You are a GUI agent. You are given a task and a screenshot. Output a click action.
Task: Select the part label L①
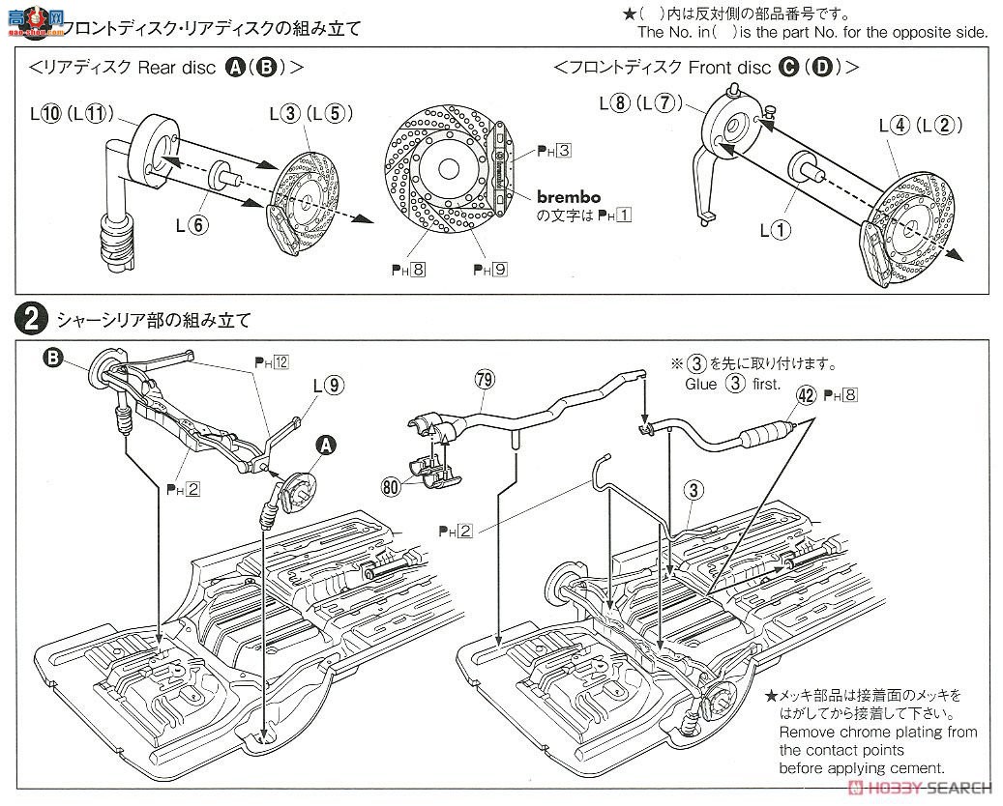(777, 230)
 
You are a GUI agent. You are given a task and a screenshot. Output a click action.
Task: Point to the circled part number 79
(483, 380)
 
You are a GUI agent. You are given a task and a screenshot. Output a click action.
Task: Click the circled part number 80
(391, 488)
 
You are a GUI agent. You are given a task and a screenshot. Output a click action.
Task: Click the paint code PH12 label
(273, 361)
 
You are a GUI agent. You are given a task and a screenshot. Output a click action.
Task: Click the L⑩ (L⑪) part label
(73, 113)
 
